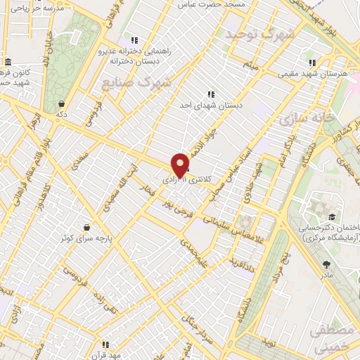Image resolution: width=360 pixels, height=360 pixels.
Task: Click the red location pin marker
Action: coord(181,165)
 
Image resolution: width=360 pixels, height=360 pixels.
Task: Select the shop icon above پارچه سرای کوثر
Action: coord(86,228)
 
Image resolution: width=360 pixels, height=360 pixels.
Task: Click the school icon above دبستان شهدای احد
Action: coord(210,94)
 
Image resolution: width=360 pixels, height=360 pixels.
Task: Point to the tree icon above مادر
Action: coord(327,264)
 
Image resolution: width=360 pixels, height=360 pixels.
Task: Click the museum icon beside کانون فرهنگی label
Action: coord(7,61)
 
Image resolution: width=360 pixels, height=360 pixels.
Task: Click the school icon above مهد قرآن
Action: coord(105,345)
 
